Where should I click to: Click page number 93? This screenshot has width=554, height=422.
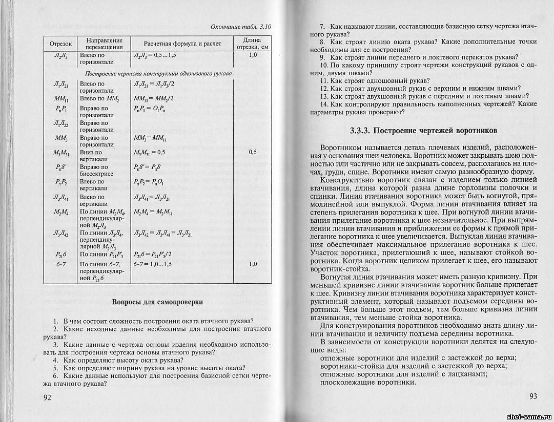[x=533, y=397]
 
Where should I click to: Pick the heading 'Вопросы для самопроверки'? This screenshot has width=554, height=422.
[x=157, y=302]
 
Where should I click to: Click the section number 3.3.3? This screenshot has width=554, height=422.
[x=362, y=131]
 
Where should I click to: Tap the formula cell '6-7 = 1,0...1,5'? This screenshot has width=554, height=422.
[x=152, y=264]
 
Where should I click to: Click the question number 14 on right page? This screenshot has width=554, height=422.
[x=323, y=104]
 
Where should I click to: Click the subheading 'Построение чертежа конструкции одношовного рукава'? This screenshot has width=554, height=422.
[x=158, y=73]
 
